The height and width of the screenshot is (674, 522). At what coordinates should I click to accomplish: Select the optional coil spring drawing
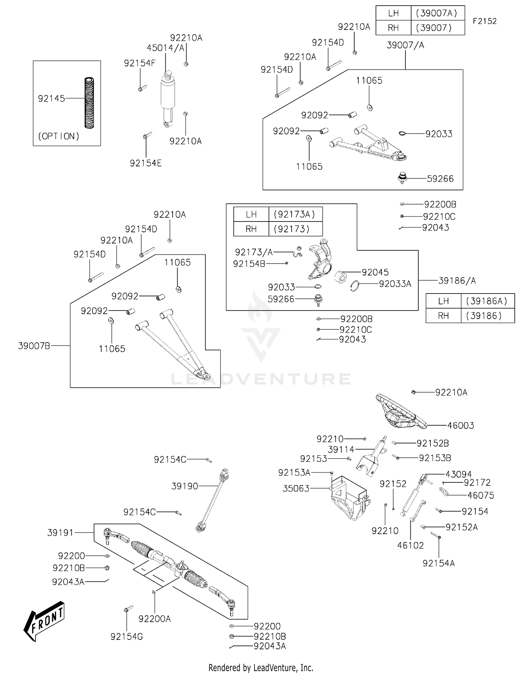89,103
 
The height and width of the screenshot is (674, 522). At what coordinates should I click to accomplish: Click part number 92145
52,99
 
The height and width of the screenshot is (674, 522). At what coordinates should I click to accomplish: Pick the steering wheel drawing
400,411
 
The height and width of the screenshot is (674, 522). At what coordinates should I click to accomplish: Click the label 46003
460,425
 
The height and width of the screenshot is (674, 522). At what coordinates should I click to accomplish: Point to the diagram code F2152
484,21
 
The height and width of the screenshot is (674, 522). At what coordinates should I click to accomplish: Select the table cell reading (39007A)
437,13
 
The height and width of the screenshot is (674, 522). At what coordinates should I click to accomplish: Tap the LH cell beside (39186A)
443,301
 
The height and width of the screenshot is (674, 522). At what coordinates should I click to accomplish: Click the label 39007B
34,346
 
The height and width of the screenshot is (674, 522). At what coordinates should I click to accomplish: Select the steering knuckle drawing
319,259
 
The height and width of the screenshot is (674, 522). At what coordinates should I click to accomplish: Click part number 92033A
395,284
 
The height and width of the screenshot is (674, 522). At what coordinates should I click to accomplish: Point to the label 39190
184,486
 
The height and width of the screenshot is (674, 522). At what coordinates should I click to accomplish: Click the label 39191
60,532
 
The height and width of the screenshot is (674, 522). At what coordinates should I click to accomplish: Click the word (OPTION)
58,136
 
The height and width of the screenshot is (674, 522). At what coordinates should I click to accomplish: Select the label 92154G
127,636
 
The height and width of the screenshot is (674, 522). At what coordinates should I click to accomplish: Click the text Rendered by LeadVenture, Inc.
261,667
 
